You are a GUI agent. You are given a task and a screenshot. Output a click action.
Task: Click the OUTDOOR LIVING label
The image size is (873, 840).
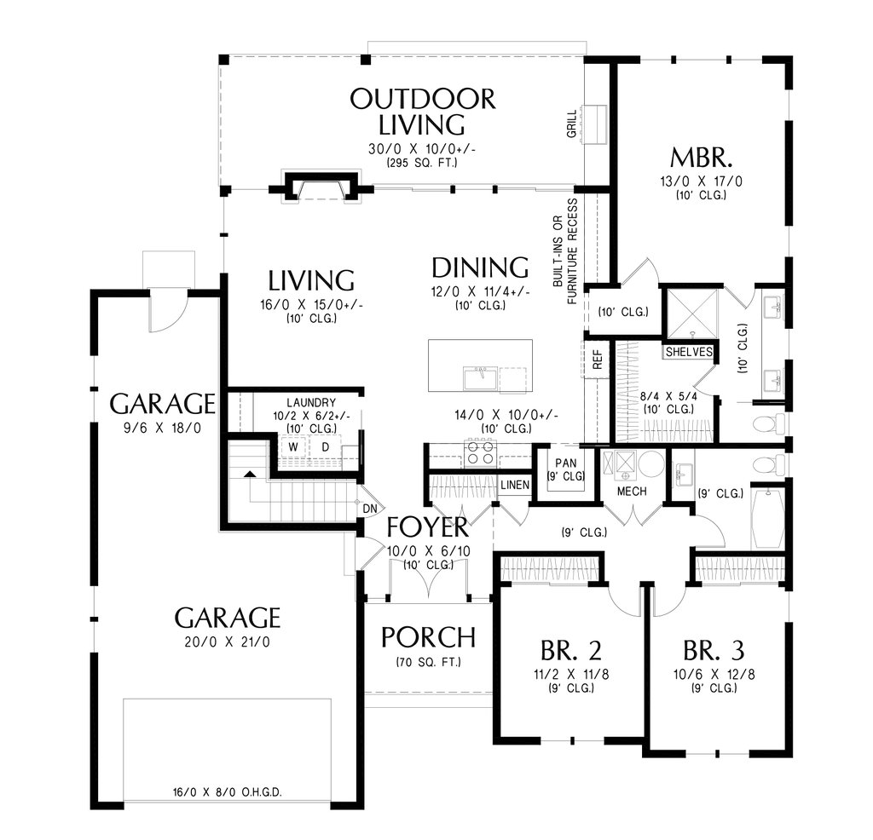422,112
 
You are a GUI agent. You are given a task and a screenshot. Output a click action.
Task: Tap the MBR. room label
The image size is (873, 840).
701,158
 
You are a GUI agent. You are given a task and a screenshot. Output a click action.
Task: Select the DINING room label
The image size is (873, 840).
480,268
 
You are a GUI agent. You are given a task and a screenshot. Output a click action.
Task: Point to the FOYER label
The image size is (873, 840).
428,526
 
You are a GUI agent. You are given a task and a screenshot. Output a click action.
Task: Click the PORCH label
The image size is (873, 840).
428,637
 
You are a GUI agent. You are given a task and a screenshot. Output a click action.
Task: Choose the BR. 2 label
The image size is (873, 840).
570,650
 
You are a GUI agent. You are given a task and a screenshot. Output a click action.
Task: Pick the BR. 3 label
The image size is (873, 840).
714,650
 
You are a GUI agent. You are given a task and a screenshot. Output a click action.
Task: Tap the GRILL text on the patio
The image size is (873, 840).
572,124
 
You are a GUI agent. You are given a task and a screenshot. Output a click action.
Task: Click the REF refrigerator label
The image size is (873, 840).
598,360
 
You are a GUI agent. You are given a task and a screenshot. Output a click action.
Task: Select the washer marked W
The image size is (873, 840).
293,447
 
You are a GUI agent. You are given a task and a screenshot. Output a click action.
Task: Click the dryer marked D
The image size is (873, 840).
325,447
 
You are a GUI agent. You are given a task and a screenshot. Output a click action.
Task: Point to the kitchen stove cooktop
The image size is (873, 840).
480,452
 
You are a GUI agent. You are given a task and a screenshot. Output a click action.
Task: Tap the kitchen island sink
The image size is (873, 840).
480,378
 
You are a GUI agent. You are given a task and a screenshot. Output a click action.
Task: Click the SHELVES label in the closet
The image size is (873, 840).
689,352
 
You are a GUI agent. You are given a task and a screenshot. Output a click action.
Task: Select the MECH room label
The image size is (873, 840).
632,492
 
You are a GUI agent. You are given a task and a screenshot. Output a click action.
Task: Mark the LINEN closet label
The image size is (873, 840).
515,485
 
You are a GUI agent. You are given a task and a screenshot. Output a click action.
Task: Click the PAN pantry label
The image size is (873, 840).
566,463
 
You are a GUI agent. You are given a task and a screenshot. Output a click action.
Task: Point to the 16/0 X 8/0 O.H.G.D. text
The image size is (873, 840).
227,792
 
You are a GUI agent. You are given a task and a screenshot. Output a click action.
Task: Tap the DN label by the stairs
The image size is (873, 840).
370,509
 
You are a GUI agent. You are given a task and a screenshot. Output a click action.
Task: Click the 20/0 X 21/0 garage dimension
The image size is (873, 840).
227,642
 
